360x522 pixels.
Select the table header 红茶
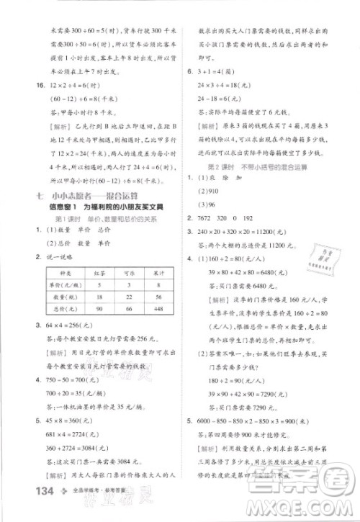(x=100, y=271)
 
